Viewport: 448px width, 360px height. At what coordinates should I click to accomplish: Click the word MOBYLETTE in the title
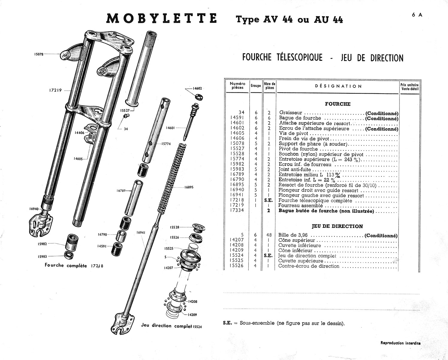(x=162, y=19)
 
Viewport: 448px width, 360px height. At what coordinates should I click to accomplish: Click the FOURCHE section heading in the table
(x=338, y=104)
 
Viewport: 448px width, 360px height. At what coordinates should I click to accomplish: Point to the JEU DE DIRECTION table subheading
(x=337, y=226)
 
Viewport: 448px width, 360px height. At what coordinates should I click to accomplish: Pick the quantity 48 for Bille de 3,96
(x=269, y=235)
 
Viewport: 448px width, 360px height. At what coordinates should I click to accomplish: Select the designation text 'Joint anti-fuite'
(x=295, y=169)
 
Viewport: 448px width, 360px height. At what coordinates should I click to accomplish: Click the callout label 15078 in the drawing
(x=39, y=54)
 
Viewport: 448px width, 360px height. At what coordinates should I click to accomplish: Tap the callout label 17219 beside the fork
(x=55, y=90)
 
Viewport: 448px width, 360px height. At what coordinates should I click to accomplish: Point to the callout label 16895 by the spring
(x=189, y=187)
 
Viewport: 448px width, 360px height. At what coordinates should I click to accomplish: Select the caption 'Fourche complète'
(x=66, y=265)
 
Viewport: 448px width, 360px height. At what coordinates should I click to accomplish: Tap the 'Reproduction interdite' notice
(x=400, y=343)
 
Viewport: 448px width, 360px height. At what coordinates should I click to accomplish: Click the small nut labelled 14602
(x=198, y=97)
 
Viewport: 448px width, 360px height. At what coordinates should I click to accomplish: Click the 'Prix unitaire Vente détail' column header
(x=409, y=87)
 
